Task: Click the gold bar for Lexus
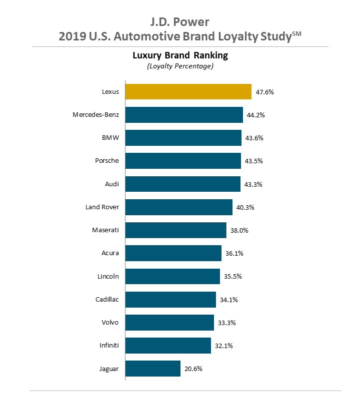[x=188, y=92]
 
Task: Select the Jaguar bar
[x=152, y=369]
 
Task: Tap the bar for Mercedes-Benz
[x=184, y=115]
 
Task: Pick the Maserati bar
[x=175, y=230]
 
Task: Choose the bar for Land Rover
[x=178, y=207]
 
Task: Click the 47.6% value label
[x=265, y=92]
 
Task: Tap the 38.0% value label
[x=239, y=231]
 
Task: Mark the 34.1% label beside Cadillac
[x=229, y=300]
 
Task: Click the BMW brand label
[x=110, y=138]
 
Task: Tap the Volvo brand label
[x=109, y=323]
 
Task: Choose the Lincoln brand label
[x=108, y=276]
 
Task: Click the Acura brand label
[x=109, y=253]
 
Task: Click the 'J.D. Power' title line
[x=180, y=22]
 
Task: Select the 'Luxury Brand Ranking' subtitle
[x=180, y=55]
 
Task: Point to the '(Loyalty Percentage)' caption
[x=180, y=66]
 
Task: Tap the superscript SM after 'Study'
[x=297, y=33]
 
